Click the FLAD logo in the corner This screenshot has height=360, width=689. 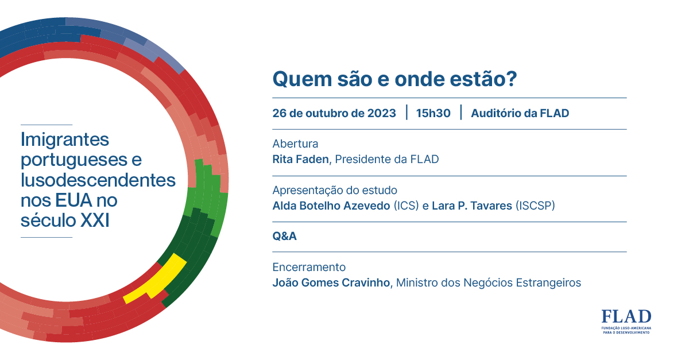(x=626, y=322)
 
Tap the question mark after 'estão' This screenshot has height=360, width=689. (x=511, y=79)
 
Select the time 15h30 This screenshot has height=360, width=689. (x=433, y=113)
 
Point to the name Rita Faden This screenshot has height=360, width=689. (x=300, y=160)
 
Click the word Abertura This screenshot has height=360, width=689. (x=295, y=144)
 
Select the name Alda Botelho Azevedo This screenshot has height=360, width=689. (x=331, y=206)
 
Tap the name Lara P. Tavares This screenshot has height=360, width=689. (x=472, y=206)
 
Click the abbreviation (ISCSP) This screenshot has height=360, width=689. (x=535, y=206)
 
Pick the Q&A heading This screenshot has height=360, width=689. (x=285, y=237)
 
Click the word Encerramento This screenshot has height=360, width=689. (x=309, y=267)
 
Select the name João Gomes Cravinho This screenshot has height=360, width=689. (x=331, y=282)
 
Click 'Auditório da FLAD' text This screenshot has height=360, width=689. (x=520, y=113)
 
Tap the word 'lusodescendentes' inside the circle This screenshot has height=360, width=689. (x=98, y=180)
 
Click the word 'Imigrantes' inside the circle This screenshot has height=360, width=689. (x=64, y=140)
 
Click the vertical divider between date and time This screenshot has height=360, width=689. (x=407, y=113)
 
